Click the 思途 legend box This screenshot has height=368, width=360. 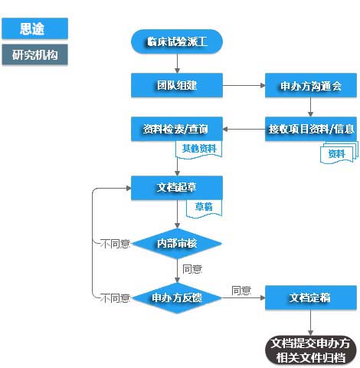pos(34,29)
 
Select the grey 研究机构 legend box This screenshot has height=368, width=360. pos(34,55)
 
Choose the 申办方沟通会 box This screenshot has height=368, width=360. pos(310,85)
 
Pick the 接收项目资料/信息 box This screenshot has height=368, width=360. pos(310,128)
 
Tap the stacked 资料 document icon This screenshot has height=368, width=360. pos(338,153)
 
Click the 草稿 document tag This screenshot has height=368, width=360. pos(203,207)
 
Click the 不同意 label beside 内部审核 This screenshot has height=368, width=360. pos(116,244)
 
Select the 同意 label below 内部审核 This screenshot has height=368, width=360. pos(192,269)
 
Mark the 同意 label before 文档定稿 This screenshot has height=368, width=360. pos(241,291)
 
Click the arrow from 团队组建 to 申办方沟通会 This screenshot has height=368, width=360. pos(244,85)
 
